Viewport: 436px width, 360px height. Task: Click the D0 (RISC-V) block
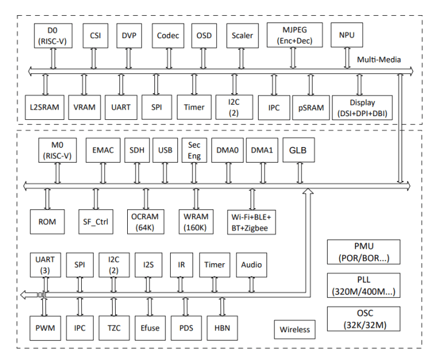(x=53, y=36)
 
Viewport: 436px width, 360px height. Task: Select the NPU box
(x=346, y=36)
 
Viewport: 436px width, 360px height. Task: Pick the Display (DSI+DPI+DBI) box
(x=362, y=106)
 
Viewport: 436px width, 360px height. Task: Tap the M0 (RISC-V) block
(x=57, y=151)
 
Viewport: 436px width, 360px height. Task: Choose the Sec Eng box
(x=194, y=150)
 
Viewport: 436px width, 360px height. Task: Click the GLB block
(x=299, y=150)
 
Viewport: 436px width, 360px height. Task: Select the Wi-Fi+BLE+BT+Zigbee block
(x=251, y=222)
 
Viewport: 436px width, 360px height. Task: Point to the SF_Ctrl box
(x=96, y=222)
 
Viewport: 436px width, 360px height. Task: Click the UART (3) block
(x=45, y=264)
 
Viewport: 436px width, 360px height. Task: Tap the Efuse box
(x=149, y=329)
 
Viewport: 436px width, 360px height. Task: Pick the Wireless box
(x=295, y=330)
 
